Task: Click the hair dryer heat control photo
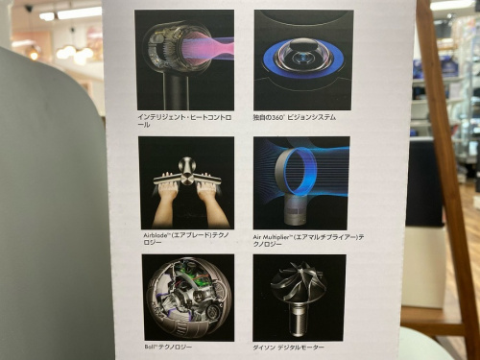185,59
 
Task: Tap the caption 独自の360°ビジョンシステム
295,116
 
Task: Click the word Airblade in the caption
154,235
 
